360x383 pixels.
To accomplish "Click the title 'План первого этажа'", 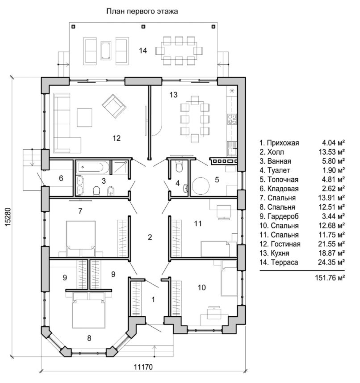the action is pyautogui.click(x=142, y=11).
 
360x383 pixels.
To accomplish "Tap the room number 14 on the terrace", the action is pyautogui.click(x=143, y=51).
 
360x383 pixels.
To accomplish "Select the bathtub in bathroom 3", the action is pyautogui.click(x=92, y=167).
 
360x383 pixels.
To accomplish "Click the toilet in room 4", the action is pyautogui.click(x=179, y=166).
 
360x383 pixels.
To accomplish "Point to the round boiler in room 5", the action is pyautogui.click(x=201, y=186).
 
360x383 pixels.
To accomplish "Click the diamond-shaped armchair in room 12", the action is pyautogui.click(x=114, y=106).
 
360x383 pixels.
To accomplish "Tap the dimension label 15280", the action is pyautogui.click(x=7, y=216).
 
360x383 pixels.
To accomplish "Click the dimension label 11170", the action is pyautogui.click(x=143, y=367).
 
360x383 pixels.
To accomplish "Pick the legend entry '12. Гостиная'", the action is pyautogui.click(x=280, y=244).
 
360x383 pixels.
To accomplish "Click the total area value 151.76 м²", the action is pyautogui.click(x=330, y=278).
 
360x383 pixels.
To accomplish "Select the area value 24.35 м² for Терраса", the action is pyautogui.click(x=331, y=262).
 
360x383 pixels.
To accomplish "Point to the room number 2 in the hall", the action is pyautogui.click(x=150, y=237).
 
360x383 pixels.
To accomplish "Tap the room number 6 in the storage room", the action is pyautogui.click(x=61, y=178).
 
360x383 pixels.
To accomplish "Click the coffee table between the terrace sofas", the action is pyautogui.click(x=106, y=51).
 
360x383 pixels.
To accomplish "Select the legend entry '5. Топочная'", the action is pyautogui.click(x=279, y=180).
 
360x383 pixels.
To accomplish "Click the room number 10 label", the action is pyautogui.click(x=201, y=287).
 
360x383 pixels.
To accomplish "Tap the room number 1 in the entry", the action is pyautogui.click(x=153, y=299).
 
